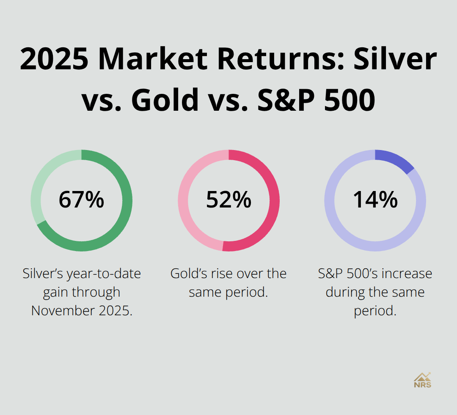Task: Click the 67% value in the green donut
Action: [81, 200]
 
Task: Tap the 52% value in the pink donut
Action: [228, 200]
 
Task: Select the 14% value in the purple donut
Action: [375, 200]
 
